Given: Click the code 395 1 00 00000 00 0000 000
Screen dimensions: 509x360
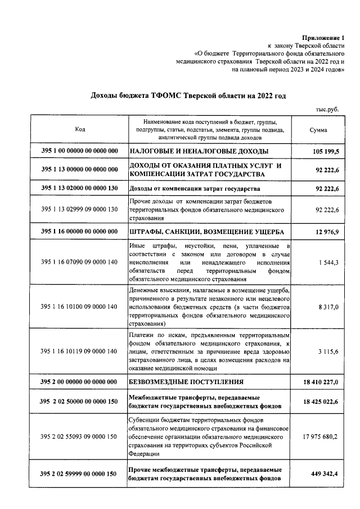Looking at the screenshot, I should pos(80,151).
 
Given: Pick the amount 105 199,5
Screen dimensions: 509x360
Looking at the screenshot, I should pos(324,151).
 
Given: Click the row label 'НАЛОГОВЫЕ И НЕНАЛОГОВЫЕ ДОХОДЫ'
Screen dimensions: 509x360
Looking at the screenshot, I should pos(199,151).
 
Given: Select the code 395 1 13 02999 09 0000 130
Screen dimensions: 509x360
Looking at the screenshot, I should pos(80,209).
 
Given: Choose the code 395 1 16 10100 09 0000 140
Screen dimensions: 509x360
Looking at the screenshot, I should pos(80,307).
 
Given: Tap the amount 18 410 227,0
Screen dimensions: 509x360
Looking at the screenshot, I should pos(320,382).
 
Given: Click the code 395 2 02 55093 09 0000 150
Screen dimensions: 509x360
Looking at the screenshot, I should pos(80,436).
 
